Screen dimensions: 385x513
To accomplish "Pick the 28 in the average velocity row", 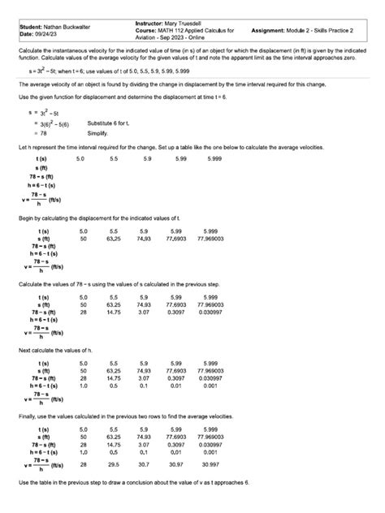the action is coord(82,463).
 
